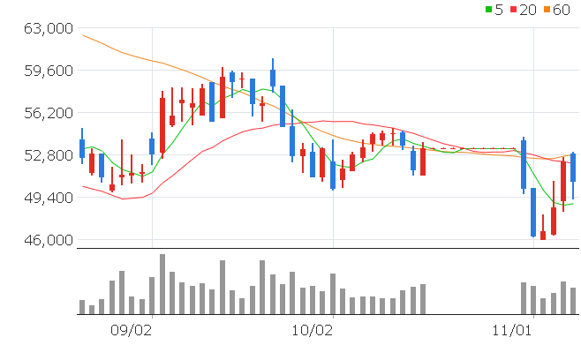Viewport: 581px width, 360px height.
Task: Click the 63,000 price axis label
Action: click(x=47, y=28)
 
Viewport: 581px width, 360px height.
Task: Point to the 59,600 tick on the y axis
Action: click(x=47, y=71)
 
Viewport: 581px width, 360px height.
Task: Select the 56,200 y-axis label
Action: click(x=47, y=113)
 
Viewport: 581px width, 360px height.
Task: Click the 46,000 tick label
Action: click(x=47, y=240)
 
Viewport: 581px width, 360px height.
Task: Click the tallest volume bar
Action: click(x=162, y=284)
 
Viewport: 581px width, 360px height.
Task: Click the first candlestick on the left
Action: click(x=82, y=147)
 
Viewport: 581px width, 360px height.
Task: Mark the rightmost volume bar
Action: click(x=573, y=301)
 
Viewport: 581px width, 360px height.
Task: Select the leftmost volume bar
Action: click(x=82, y=307)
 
